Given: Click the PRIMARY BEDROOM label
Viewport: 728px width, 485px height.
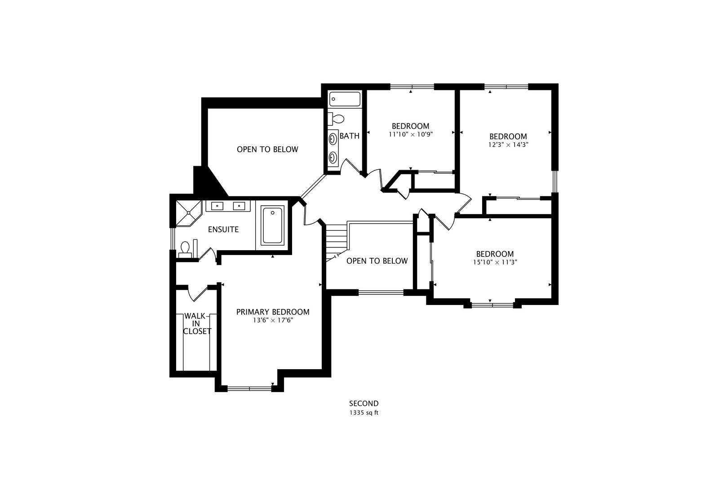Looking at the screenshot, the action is (273, 312).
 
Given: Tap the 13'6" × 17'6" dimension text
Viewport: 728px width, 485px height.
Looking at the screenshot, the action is (273, 320).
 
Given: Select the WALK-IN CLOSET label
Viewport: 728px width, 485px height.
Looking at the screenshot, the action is (197, 323).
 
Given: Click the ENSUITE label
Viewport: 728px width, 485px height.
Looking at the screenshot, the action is (223, 229).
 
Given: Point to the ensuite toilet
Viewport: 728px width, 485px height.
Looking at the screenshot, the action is (185, 250).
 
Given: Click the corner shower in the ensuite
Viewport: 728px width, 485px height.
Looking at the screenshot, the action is (188, 213).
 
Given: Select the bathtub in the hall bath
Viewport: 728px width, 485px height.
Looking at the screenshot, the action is (345, 99).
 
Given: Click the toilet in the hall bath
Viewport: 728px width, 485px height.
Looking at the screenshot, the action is (336, 119).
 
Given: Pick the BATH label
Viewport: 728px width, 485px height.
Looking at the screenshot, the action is (349, 136).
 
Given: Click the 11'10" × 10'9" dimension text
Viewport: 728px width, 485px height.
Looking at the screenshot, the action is (411, 134).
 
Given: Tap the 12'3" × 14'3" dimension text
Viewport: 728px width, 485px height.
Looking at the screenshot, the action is (508, 145).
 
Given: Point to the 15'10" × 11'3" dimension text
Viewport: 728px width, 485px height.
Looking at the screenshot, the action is (495, 262).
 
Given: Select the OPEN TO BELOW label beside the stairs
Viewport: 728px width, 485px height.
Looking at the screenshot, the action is (377, 261).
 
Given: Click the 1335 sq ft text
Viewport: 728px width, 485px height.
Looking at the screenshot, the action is (364, 413).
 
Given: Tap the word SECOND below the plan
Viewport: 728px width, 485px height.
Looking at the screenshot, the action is (364, 403).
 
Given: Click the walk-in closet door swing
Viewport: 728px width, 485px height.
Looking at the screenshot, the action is (198, 293).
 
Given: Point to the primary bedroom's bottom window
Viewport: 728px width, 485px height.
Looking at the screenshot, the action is (249, 388).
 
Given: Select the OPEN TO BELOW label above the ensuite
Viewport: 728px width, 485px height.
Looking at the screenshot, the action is (267, 150).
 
